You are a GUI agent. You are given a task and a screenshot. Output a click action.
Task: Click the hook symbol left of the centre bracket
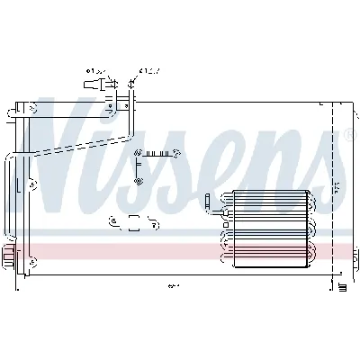112,220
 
